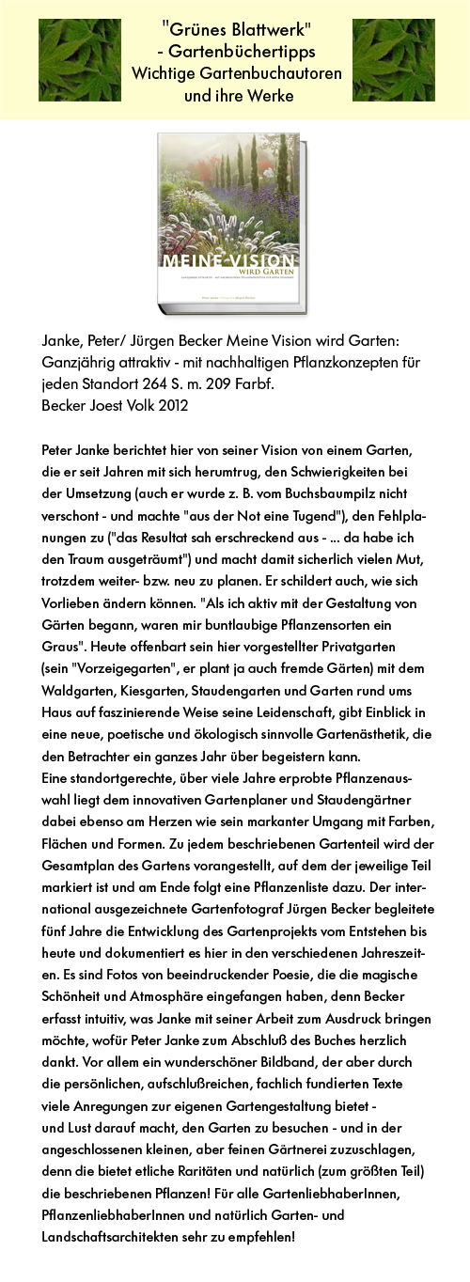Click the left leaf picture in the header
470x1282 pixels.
tap(79, 60)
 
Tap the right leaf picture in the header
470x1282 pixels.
tap(393, 60)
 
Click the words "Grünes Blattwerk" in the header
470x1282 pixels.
tap(236, 30)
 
